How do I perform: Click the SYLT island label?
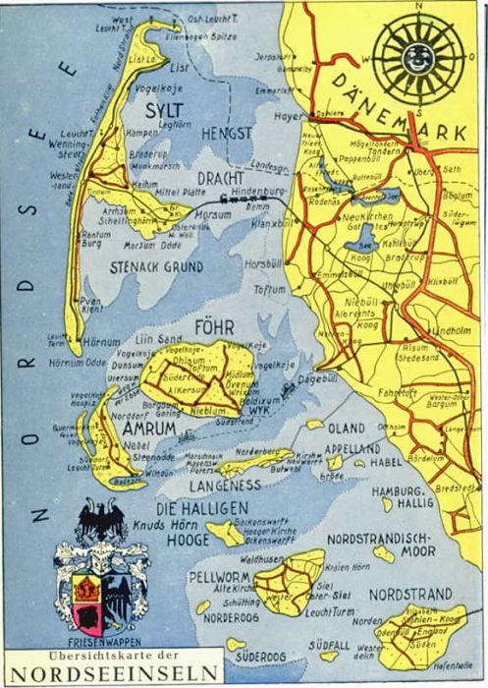coord(166,110)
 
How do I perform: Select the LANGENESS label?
coord(225,484)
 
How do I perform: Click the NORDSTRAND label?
coord(410,595)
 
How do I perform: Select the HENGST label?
coord(227,133)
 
